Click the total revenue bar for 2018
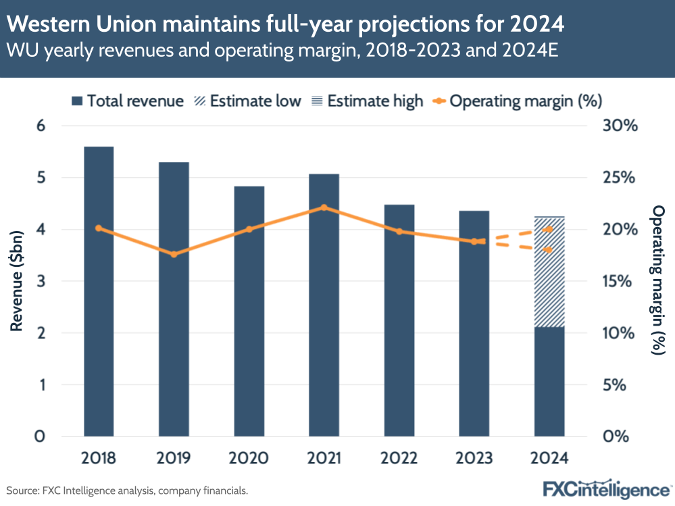pyautogui.click(x=99, y=290)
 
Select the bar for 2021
pyautogui.click(x=324, y=304)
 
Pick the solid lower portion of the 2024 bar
pyautogui.click(x=549, y=382)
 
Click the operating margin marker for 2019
pyautogui.click(x=174, y=255)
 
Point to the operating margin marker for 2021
pyautogui.click(x=324, y=207)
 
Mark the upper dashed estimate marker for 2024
pyautogui.click(x=549, y=230)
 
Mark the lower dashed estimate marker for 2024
pyautogui.click(x=549, y=250)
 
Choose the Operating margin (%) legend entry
pyautogui.click(x=517, y=101)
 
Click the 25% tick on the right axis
pyautogui.click(x=618, y=178)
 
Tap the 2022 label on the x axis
pyautogui.click(x=399, y=458)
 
